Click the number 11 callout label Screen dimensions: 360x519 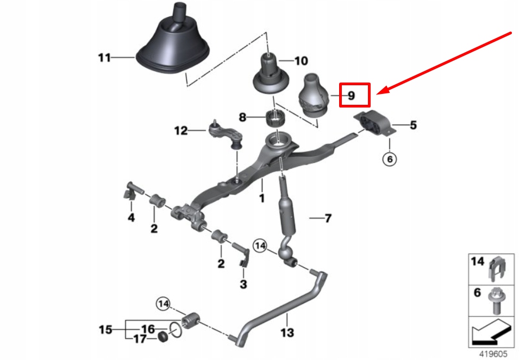pos(104,57)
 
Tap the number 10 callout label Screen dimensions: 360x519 pos(301,61)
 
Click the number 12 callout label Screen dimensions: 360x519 pos(180,130)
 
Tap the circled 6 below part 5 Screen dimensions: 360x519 pos(390,159)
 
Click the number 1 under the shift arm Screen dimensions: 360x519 pos(261,199)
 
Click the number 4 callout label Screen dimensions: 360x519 pos(130,218)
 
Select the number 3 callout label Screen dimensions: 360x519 pos(243,284)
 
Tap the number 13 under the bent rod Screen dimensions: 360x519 pos(286,332)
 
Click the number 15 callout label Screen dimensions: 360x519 pos(105,329)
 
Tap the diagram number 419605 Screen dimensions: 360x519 pos(493,353)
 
